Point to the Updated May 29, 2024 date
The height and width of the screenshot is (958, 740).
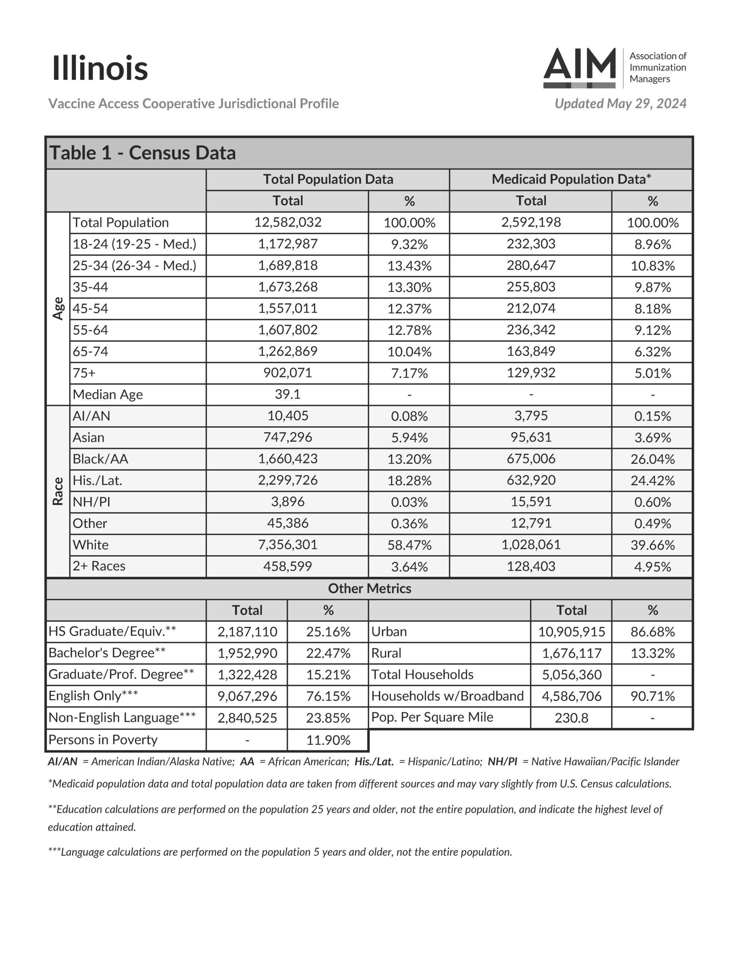tap(620, 104)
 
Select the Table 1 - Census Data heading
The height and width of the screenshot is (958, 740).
tap(143, 153)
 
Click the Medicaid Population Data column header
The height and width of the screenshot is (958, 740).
tap(571, 179)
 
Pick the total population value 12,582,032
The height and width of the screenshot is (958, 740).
tap(288, 222)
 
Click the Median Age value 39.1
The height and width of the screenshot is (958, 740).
tap(288, 394)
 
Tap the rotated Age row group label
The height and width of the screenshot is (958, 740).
tap(58, 308)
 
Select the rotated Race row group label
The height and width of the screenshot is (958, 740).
tap(58, 491)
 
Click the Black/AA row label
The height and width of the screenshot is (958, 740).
tap(101, 459)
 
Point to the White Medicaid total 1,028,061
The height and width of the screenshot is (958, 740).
tap(531, 545)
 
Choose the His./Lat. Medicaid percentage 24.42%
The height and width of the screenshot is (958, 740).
tap(652, 481)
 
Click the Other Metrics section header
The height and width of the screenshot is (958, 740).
tap(369, 589)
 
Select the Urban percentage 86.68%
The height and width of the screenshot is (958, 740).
tap(652, 632)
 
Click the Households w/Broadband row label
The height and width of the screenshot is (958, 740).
tap(447, 696)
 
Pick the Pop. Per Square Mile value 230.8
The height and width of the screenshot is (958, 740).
tap(571, 718)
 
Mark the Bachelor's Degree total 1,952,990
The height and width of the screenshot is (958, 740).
tap(247, 653)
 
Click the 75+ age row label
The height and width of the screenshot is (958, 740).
tap(84, 373)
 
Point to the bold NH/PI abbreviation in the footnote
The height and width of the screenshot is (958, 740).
tap(502, 762)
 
